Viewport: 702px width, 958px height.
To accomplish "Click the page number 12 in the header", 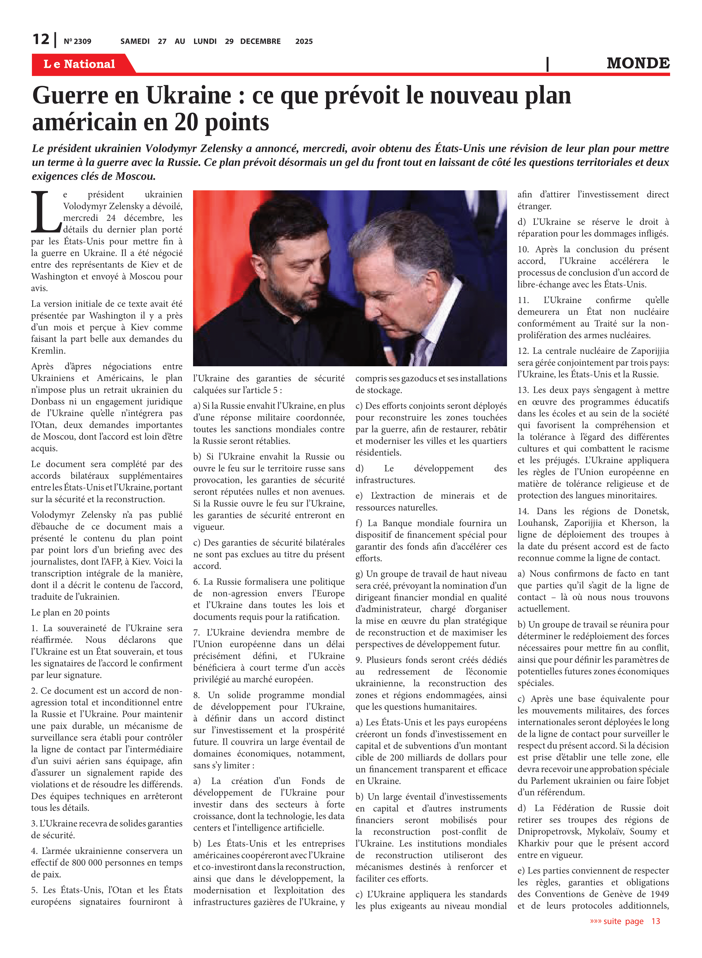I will click(41, 40).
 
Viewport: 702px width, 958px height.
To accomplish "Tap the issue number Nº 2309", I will click(77, 42).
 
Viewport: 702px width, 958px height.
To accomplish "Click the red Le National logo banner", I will click(79, 64).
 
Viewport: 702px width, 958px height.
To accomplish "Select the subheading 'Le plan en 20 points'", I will click(70, 612).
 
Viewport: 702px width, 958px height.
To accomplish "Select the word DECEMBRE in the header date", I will click(260, 42).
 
